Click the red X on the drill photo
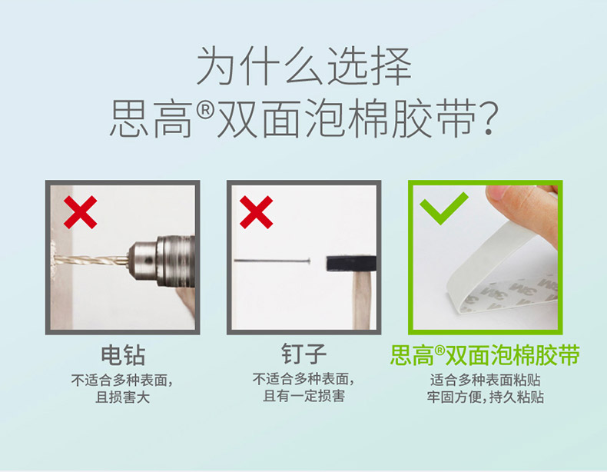tap(80, 212)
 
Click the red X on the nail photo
tap(257, 212)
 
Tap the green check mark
tap(443, 208)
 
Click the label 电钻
tap(123, 355)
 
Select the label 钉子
tap(304, 354)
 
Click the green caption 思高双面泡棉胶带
tap(485, 354)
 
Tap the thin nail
tap(272, 261)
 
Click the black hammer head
tap(351, 264)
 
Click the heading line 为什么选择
tap(304, 66)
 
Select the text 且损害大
tap(122, 397)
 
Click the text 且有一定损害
tap(304, 396)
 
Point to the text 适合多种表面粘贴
tap(486, 380)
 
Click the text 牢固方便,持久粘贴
tap(486, 397)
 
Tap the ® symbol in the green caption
tap(439, 351)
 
